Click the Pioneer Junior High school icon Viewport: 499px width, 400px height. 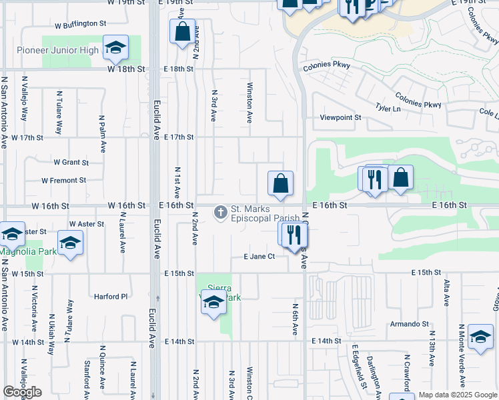coord(116,47)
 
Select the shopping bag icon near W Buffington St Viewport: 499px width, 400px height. coord(182,31)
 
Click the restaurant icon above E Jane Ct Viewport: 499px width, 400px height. coord(292,235)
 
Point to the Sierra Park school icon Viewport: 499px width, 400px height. coord(213,304)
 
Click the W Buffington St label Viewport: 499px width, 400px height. coord(81,23)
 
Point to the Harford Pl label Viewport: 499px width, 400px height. coord(110,297)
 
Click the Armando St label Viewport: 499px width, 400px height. coord(409,325)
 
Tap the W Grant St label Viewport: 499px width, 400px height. coord(71,162)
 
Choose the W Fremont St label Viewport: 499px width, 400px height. coord(63,180)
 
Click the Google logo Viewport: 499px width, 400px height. coord(22,392)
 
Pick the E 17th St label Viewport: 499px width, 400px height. coord(178,137)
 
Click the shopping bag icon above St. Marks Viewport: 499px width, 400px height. coord(281,183)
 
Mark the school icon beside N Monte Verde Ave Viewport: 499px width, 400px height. coord(480,337)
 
